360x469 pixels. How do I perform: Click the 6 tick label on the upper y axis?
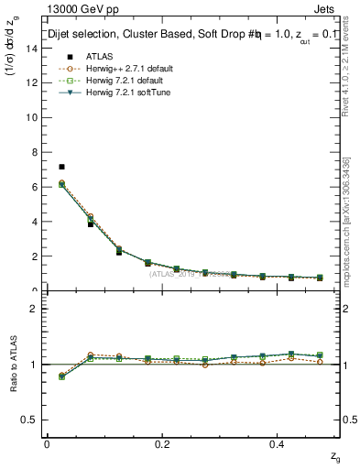pos(33,187)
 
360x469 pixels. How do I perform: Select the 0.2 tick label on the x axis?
pos(162,444)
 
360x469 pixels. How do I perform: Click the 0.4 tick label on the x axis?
pos(278,444)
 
